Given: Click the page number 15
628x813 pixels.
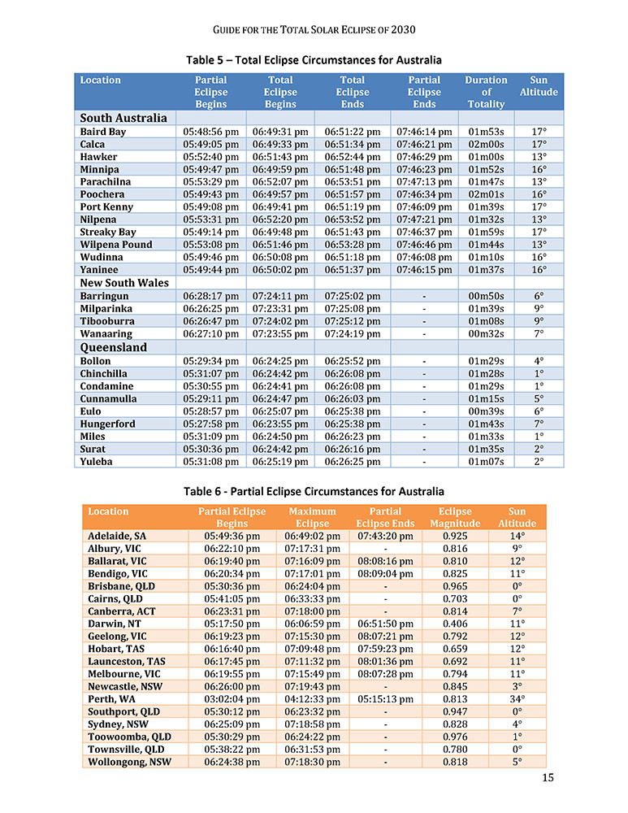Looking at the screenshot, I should [x=548, y=778].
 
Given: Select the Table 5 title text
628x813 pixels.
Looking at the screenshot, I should [x=314, y=60].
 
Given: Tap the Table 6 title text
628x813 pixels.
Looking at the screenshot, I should [x=314, y=491].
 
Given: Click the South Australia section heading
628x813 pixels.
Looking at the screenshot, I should [x=123, y=118].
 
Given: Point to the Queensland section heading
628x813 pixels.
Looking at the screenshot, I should [x=114, y=347].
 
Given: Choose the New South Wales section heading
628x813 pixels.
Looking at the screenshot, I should [x=124, y=283].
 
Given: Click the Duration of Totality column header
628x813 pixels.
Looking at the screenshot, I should [x=486, y=92].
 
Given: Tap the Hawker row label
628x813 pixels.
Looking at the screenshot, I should [x=98, y=157].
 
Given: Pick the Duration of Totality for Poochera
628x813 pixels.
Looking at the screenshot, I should [x=486, y=195].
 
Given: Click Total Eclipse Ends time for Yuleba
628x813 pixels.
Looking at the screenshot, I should [x=352, y=462].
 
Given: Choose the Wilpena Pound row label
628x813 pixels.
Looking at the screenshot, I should [x=116, y=246].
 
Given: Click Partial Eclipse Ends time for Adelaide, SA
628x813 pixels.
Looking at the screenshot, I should [x=385, y=536].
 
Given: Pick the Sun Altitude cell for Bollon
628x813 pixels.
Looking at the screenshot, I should [x=538, y=360].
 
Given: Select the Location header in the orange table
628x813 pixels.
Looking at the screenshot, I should [x=108, y=511].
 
